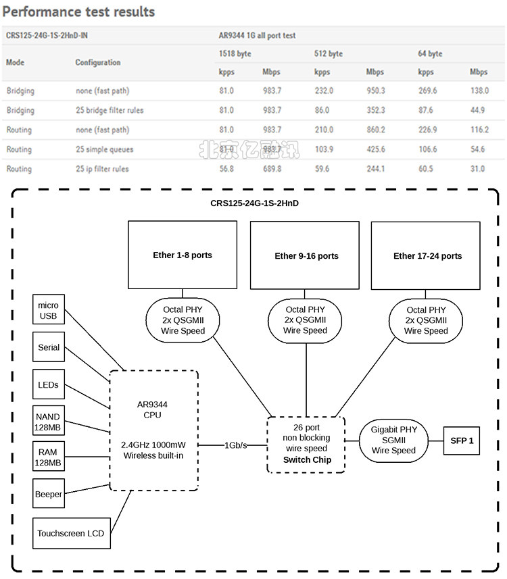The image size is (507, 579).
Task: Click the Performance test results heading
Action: coord(79,11)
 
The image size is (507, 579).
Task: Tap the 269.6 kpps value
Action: coord(427,90)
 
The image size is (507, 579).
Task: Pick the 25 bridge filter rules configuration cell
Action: coord(110,110)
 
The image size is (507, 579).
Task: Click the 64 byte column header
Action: coord(430,53)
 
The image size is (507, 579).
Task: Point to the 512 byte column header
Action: coord(329,53)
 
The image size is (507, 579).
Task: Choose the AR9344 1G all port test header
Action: coord(257,35)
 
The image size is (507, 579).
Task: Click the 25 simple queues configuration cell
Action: coord(105,149)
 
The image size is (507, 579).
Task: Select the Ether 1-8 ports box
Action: coord(183,255)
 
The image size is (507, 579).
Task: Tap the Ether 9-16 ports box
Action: coord(306,255)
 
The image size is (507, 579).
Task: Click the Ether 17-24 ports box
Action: coord(427,255)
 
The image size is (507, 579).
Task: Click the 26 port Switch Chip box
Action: coord(306,444)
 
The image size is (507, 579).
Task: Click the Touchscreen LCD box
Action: coord(70,533)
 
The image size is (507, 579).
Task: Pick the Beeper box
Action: coord(49,494)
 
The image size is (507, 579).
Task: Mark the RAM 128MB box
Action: coord(49,457)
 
